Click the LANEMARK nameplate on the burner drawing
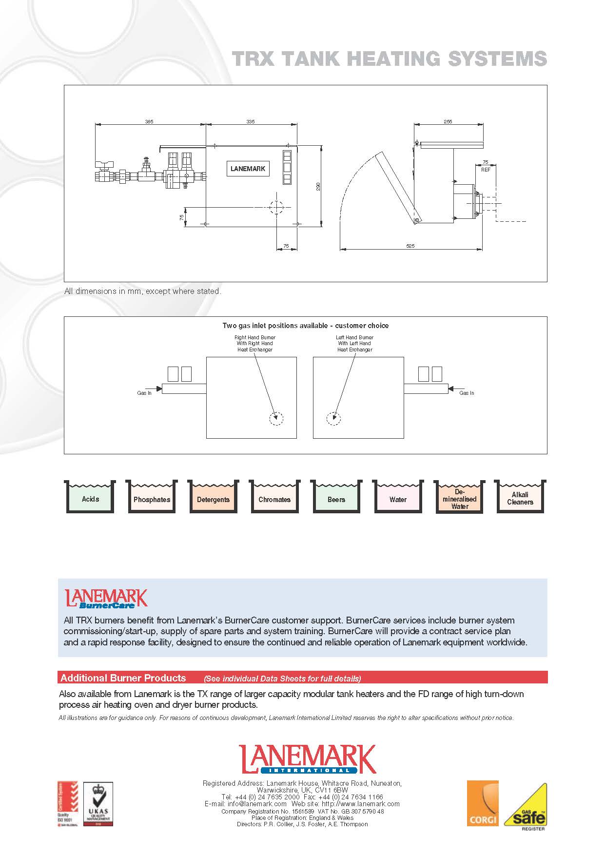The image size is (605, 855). pos(248,169)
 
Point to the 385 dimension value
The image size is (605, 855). pos(149,121)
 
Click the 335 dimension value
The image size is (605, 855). pos(250,121)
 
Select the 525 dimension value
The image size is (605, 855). pos(410,246)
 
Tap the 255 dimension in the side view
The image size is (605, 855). pos(448,121)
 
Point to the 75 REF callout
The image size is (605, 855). pos(485,166)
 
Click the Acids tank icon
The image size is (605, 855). pos(90,497)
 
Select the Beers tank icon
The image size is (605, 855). pos(336,497)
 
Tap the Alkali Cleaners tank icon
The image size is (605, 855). pos(520,497)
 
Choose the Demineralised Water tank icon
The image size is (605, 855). pos(459,498)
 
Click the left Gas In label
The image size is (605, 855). pos(144,393)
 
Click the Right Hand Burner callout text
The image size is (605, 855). pos(254,343)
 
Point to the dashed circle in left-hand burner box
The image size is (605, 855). pos(333,418)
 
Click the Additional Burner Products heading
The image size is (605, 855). pos(123,678)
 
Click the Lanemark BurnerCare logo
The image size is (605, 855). pos(106,599)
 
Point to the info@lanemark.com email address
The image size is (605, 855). pos(257,804)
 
